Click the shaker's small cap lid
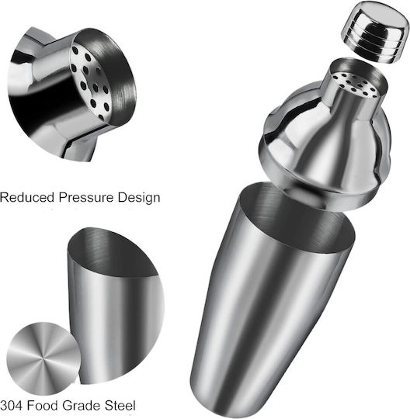click(375, 33)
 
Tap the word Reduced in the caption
click(27, 198)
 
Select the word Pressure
click(86, 198)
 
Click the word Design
click(139, 198)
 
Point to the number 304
click(11, 406)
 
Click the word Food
click(43, 406)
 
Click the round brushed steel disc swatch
click(43, 358)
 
